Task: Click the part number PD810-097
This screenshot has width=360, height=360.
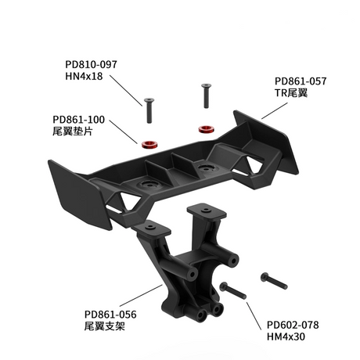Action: [x=92, y=63]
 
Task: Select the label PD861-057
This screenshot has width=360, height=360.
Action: [x=300, y=81]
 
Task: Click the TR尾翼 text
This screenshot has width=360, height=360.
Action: [x=291, y=93]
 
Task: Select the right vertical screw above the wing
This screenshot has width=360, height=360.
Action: [x=206, y=97]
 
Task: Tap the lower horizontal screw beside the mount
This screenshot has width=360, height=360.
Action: [x=233, y=290]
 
